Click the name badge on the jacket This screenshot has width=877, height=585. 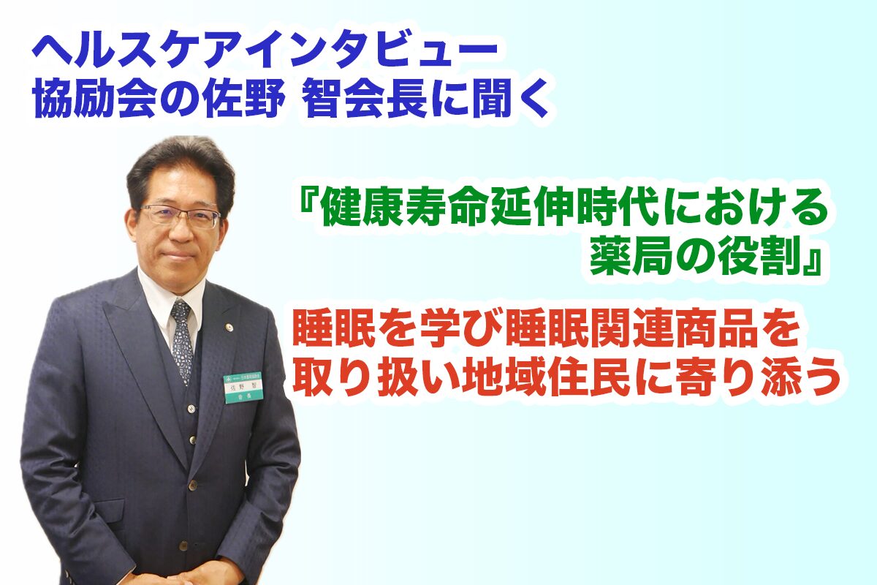[x=243, y=388]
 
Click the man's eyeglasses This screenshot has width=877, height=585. [x=180, y=216]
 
